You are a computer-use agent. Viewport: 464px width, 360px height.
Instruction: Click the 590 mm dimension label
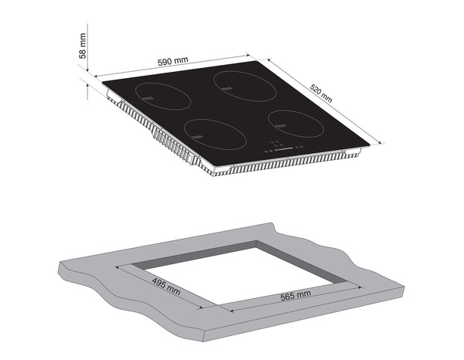pyautogui.click(x=172, y=61)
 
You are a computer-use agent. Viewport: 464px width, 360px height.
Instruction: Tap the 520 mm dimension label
pyautogui.click(x=321, y=93)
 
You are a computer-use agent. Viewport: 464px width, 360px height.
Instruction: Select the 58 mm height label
pyautogui.click(x=83, y=46)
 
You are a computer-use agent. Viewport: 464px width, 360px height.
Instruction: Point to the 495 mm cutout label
pyautogui.click(x=166, y=286)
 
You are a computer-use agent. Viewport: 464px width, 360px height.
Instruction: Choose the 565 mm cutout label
pyautogui.click(x=295, y=294)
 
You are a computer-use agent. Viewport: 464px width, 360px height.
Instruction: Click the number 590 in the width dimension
pyautogui.click(x=165, y=63)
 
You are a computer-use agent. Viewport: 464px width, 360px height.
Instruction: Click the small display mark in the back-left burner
pyautogui.click(x=148, y=98)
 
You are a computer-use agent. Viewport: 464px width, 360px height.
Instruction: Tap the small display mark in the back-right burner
pyautogui.click(x=227, y=89)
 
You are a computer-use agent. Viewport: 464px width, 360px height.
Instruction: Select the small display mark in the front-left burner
pyautogui.click(x=197, y=137)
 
